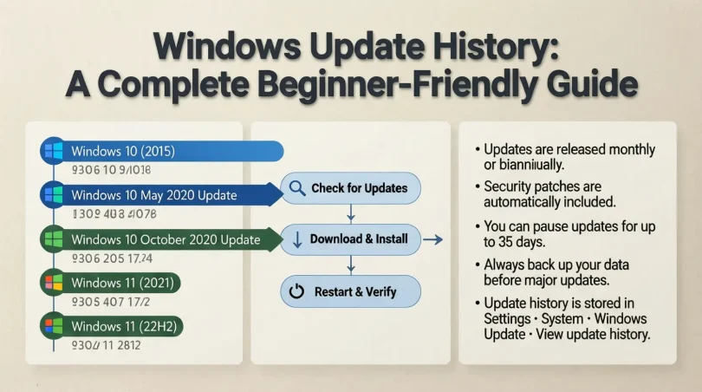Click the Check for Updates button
[x=350, y=188]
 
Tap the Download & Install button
[x=350, y=238]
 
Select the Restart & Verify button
[x=350, y=291]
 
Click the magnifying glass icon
[x=296, y=188]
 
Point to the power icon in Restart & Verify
[x=296, y=292]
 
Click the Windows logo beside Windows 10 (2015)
[x=54, y=152]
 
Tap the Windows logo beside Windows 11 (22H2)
[x=54, y=326]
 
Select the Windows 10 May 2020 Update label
[x=154, y=195]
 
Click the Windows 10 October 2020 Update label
[x=166, y=239]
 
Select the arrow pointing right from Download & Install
[x=434, y=238]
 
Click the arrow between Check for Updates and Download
[x=349, y=212]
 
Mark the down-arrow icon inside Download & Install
[x=296, y=239]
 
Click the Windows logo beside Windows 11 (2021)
[x=54, y=283]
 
